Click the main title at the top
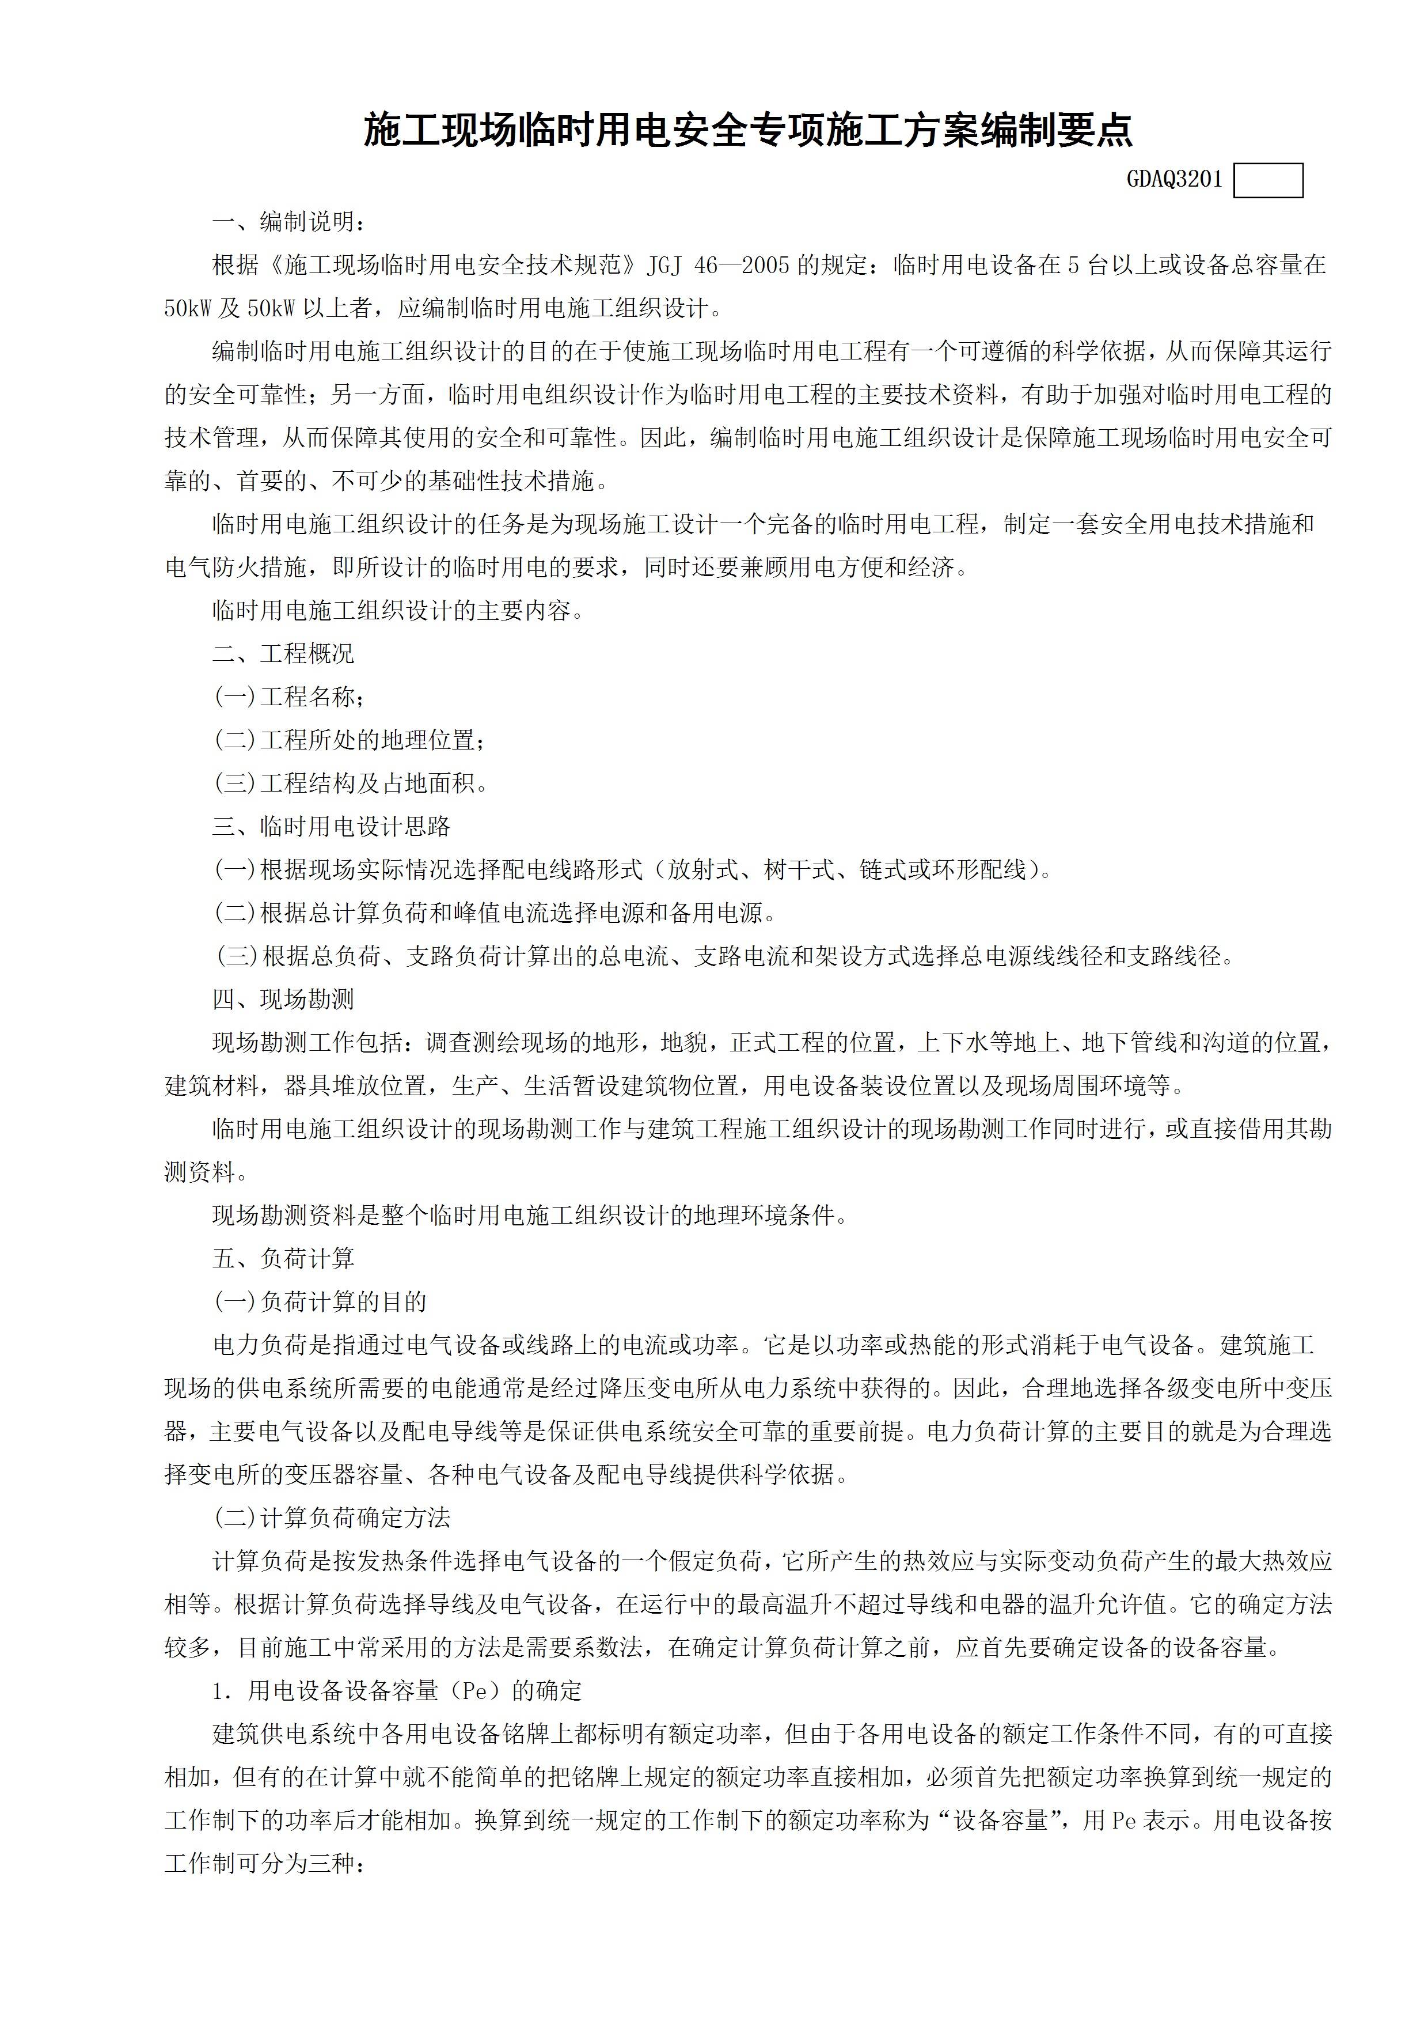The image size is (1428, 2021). point(748,130)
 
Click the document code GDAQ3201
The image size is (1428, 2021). point(1175,180)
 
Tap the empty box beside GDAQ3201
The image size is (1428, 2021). point(1268,181)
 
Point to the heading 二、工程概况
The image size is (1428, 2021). point(283,654)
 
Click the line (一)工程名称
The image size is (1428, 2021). point(288,697)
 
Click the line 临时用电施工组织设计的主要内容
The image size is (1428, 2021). point(398,611)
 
